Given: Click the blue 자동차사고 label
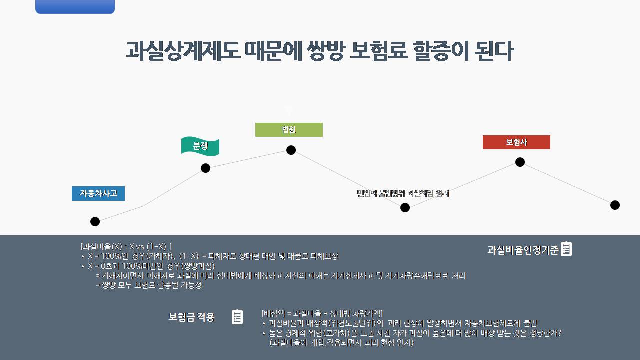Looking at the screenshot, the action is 98,193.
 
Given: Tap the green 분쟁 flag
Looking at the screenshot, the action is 200,146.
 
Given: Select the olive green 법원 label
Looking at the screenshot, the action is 289,130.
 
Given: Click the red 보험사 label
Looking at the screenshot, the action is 516,142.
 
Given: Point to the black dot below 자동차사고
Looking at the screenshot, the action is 95,221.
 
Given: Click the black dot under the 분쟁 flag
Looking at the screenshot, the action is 205,168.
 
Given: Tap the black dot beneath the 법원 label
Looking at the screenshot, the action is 291,150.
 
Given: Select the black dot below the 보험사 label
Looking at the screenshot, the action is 520,162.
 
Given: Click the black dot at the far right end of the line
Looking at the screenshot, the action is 615,205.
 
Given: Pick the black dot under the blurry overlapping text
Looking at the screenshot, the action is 405,207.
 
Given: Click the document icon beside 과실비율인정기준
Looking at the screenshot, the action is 566,249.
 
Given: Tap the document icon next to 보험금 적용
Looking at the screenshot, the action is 237,317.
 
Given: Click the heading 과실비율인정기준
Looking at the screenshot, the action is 522,250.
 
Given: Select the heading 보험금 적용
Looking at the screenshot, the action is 191,317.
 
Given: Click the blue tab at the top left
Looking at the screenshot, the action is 75,6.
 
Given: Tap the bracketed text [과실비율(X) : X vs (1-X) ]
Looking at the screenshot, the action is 126,246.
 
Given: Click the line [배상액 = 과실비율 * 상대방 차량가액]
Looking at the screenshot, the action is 322,314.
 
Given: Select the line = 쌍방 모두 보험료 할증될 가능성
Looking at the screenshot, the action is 148,285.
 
